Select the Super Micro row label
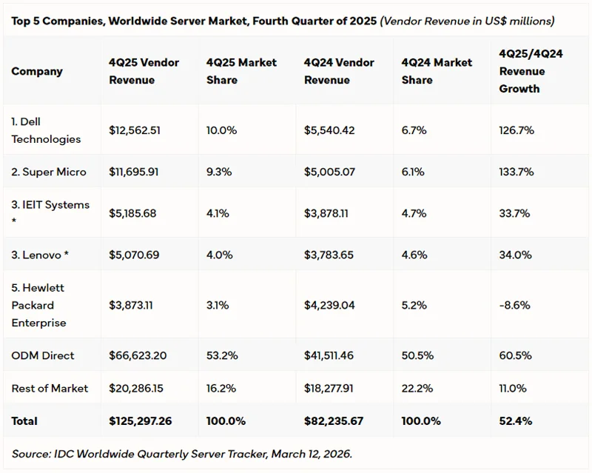click(49, 172)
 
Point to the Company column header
click(37, 72)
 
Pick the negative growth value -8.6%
click(516, 305)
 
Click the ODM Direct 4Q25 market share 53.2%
click(222, 355)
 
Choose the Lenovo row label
click(46, 255)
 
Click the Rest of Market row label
click(50, 388)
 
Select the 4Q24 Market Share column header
click(437, 71)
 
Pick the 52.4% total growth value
click(517, 420)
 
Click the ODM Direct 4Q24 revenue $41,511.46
click(329, 355)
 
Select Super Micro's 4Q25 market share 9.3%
click(219, 172)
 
